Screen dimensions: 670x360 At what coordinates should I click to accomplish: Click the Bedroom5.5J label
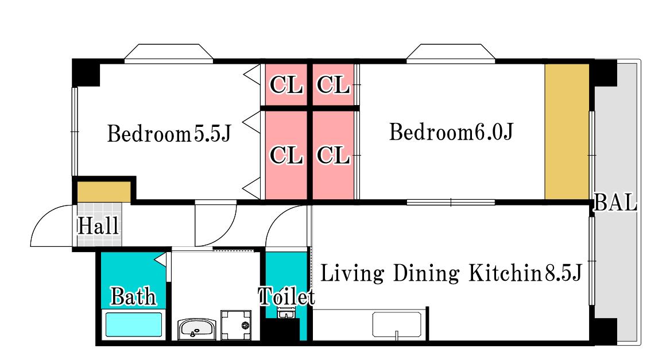(x=169, y=133)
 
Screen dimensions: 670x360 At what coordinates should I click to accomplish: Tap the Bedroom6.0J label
(x=451, y=131)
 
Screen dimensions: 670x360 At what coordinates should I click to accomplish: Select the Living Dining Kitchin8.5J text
(x=451, y=273)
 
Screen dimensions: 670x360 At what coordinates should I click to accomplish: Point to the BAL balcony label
(x=615, y=203)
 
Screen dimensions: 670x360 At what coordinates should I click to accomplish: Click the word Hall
(x=98, y=226)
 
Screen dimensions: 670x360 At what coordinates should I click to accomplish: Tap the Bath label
(x=133, y=296)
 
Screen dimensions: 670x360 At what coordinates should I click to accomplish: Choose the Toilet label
(x=286, y=296)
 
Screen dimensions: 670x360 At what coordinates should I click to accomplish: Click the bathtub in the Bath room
(x=133, y=325)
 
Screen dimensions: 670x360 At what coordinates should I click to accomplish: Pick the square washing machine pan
(x=236, y=326)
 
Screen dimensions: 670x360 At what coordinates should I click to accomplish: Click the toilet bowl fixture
(x=285, y=313)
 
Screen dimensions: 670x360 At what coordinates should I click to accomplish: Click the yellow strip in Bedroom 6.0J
(x=567, y=131)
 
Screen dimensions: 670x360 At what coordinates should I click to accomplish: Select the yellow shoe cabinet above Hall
(x=104, y=192)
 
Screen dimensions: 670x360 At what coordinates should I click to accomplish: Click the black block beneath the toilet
(x=280, y=330)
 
